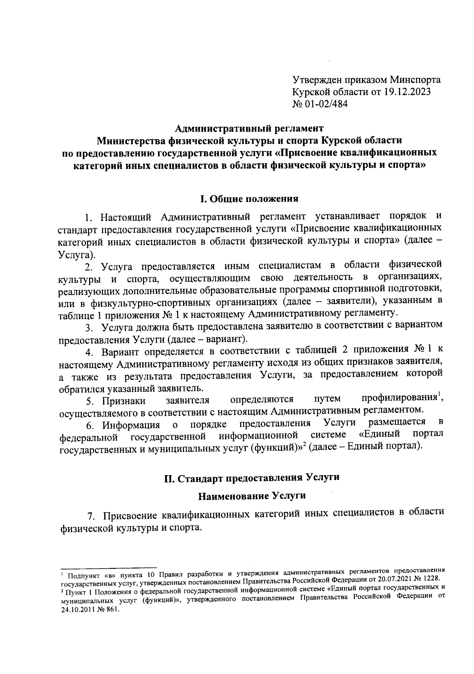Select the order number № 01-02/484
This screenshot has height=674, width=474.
(320, 104)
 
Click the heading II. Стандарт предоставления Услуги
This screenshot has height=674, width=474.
(252, 478)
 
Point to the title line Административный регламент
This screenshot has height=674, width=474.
(249, 128)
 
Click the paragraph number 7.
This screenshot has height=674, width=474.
(90, 517)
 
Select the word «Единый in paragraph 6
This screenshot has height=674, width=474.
(380, 434)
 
